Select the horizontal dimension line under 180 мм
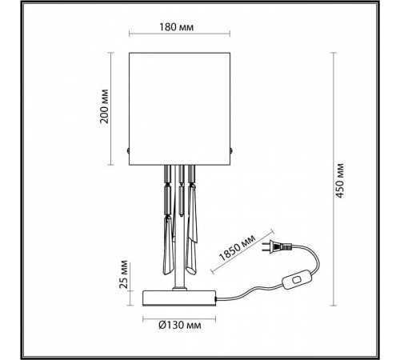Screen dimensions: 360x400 (179, 38)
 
